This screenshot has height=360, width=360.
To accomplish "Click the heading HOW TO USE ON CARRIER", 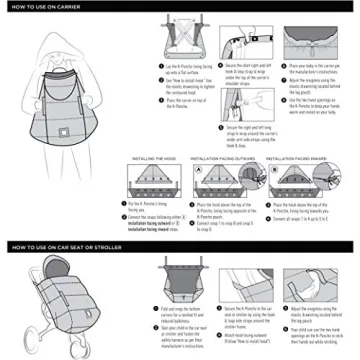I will (x=44, y=8).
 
